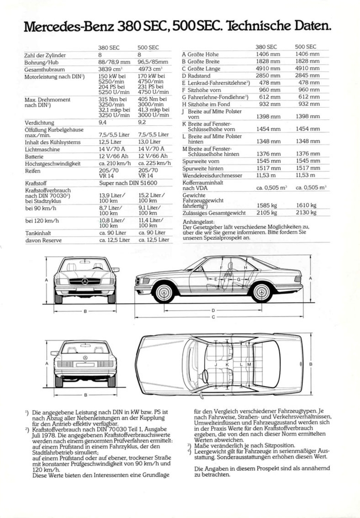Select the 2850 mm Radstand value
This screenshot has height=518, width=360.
(268, 76)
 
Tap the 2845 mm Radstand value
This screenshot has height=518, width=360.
(307, 76)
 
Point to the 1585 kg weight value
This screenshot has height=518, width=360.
(268, 205)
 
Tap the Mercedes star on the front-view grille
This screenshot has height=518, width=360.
(85, 281)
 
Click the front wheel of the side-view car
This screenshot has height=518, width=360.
(164, 293)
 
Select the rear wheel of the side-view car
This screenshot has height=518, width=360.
(261, 293)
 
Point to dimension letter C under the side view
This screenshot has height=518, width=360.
(212, 317)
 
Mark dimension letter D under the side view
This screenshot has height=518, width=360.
(212, 310)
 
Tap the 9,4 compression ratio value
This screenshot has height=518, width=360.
(103, 123)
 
